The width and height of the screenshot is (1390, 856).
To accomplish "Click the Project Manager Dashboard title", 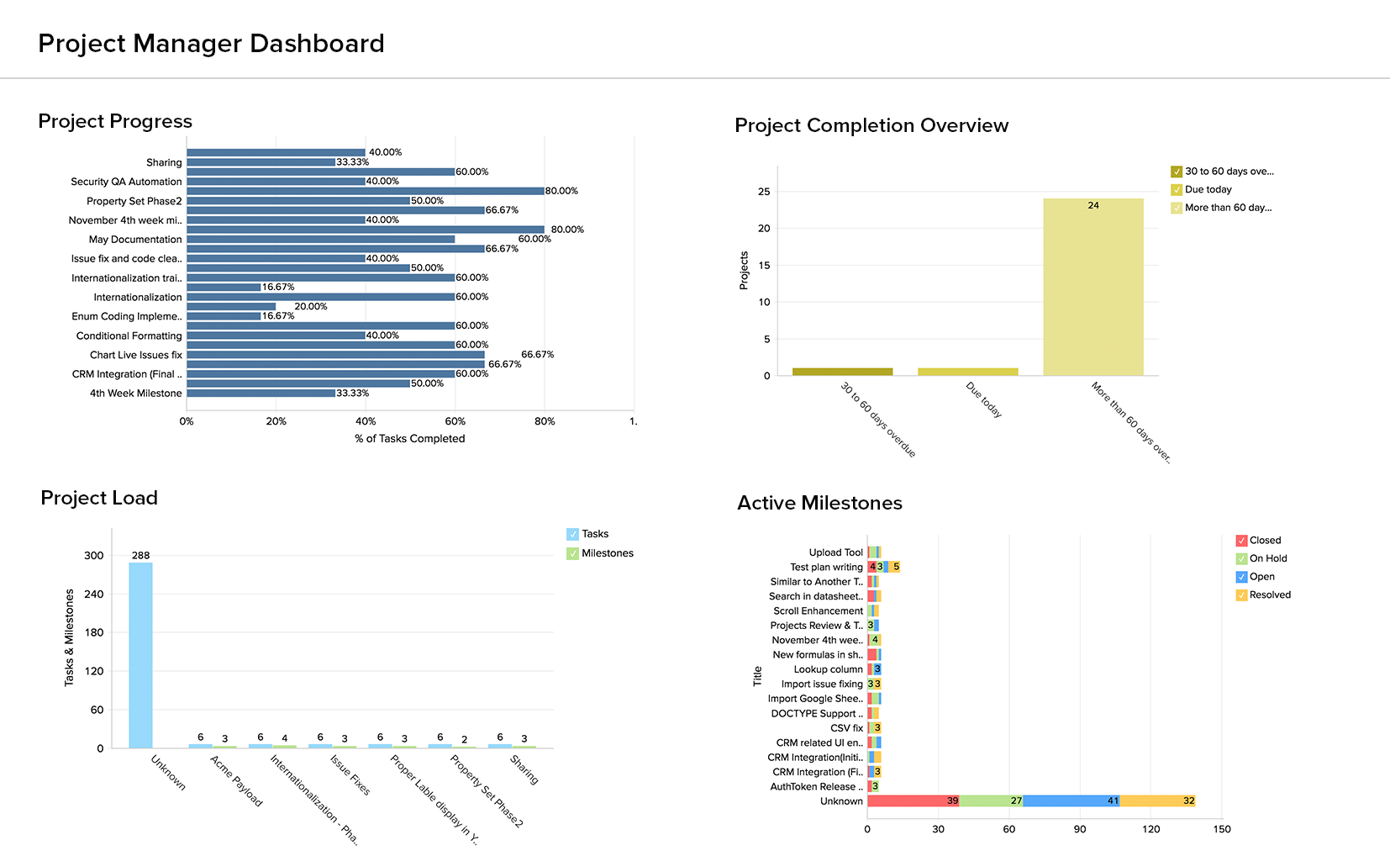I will pos(211,44).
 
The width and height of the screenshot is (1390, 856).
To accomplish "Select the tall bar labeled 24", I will pos(1093,286).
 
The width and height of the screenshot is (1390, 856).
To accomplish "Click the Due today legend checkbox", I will pos(1177,190).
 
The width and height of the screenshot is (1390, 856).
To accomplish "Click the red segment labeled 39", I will pos(913,801).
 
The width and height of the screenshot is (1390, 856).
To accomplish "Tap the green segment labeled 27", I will pos(991,801).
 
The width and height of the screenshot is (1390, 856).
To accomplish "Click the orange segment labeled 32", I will pos(1157,801).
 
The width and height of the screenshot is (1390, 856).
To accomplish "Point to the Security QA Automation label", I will pos(126,182).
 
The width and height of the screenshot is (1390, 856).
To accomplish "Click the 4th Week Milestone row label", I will pos(135,394).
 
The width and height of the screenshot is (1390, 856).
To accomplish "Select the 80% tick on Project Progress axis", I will pos(545,421).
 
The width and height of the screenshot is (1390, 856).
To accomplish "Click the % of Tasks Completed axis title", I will pos(409,439).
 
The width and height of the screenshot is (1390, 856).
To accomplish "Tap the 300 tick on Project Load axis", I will pos(94,556).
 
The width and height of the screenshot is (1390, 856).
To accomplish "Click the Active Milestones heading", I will pos(819,503).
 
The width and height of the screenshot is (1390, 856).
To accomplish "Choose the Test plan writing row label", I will pos(826,568).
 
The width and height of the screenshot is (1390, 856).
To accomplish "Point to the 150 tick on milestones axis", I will pos(1222,829).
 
